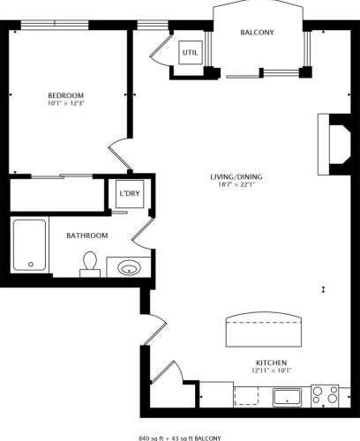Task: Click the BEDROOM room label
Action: click(x=65, y=95)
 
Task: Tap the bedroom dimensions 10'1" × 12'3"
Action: click(x=65, y=103)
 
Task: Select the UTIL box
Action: click(x=191, y=52)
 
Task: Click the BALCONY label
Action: click(x=257, y=33)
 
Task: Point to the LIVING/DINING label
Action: click(x=236, y=177)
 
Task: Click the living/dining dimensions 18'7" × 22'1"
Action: click(x=236, y=185)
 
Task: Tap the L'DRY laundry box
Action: click(x=130, y=194)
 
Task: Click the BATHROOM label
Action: click(x=87, y=235)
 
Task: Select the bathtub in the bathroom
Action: click(x=29, y=244)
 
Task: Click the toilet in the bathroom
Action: click(x=90, y=264)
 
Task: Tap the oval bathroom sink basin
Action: click(x=129, y=267)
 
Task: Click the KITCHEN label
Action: click(x=272, y=363)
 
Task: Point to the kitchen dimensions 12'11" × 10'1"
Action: click(x=272, y=370)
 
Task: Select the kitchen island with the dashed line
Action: click(x=264, y=329)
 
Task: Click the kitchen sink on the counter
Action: click(x=287, y=398)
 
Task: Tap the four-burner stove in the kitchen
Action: click(x=325, y=394)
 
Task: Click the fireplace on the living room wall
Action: click(x=334, y=145)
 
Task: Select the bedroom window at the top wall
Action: click(x=55, y=25)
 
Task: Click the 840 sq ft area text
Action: click(x=151, y=438)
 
